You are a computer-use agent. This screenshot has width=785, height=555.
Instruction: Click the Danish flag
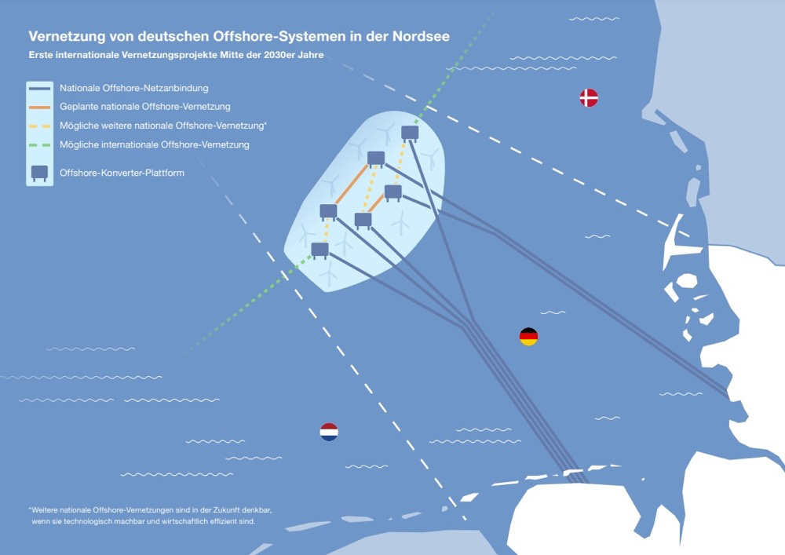point(589,97)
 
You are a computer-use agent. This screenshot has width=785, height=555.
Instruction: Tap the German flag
point(528,337)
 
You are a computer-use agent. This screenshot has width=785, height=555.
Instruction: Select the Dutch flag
point(329,431)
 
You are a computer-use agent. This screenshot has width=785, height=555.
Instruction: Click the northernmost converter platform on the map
point(410,133)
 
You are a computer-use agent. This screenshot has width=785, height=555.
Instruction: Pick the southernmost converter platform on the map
point(319,250)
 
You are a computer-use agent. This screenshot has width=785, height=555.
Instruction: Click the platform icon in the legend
point(39,172)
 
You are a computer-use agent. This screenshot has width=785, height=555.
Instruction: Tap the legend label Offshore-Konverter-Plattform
point(122,173)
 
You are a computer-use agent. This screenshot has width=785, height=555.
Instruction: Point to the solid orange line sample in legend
point(39,107)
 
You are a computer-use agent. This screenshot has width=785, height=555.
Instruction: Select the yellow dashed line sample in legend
point(39,126)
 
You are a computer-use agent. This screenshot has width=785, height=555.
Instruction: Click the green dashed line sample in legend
point(39,145)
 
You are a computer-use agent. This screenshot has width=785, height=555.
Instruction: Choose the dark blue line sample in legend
point(39,88)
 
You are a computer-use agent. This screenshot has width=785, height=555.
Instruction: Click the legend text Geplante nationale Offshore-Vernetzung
point(144,107)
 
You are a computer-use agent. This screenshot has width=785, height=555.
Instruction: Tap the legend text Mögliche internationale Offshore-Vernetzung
point(154,145)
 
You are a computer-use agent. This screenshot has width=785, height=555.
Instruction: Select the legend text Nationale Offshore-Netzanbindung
point(133,88)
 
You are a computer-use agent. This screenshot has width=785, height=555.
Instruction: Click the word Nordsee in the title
point(422,37)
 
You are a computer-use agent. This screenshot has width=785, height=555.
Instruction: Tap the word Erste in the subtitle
point(42,55)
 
